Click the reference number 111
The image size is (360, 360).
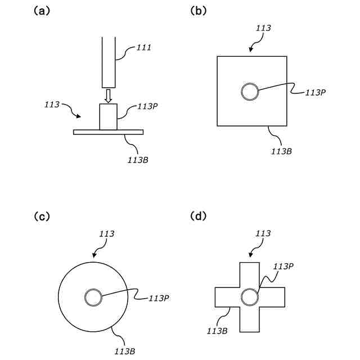(144, 49)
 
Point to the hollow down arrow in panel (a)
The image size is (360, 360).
(108, 95)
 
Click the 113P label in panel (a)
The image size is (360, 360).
(147, 107)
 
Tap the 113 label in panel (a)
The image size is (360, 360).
(52, 105)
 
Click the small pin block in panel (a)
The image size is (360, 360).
(108, 117)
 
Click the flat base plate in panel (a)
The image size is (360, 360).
(108, 132)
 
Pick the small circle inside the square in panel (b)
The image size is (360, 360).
(250, 91)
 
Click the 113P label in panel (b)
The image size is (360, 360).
(316, 93)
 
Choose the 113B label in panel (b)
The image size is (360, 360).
(281, 151)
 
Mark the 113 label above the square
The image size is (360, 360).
(263, 28)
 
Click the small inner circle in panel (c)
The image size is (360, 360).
(93, 297)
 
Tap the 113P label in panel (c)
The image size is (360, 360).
(158, 299)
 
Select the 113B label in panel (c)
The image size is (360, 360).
(124, 352)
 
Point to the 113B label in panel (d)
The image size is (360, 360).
(217, 331)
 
